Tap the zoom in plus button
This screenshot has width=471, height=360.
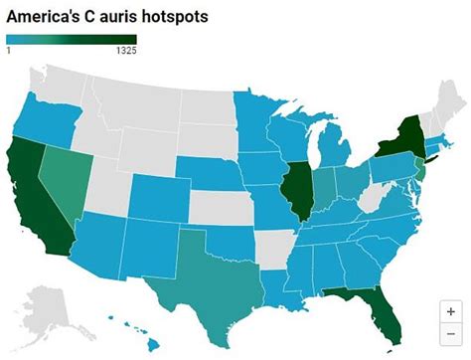(x=450, y=310)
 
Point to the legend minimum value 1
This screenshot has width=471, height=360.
(x=8, y=51)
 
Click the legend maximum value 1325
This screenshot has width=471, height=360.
(x=126, y=51)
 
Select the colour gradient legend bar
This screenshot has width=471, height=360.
(x=70, y=40)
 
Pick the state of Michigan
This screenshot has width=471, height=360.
(x=332, y=149)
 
